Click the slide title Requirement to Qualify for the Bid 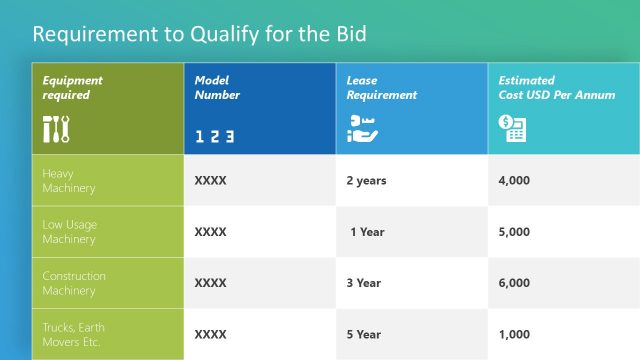200,34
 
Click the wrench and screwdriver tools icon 55,129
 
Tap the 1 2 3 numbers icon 214,136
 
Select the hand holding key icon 359,128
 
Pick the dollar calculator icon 512,128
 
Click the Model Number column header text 217,88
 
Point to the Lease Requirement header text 381,88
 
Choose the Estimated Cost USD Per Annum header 548,88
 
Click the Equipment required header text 72,88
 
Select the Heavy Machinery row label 68,180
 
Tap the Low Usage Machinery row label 69,231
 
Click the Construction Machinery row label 73,283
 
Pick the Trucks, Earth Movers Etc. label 73,334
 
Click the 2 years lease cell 366,181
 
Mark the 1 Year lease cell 367,232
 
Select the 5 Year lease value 363,335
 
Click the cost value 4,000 514,181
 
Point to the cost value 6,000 514,283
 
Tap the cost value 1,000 514,335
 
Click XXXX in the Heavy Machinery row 210,181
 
